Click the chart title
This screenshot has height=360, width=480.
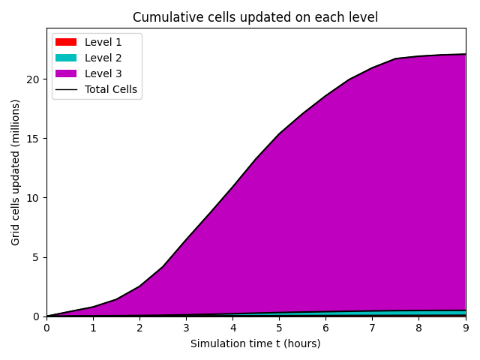pyautogui.click(x=255, y=17)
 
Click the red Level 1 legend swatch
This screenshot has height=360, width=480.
pyautogui.click(x=66, y=42)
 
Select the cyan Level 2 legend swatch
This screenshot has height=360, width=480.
pyautogui.click(x=66, y=58)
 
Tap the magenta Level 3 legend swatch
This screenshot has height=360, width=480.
pyautogui.click(x=66, y=73)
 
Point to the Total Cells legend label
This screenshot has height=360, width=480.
pyautogui.click(x=111, y=89)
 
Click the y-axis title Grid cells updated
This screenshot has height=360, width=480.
pyautogui.click(x=16, y=172)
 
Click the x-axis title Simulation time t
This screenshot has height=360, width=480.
pyautogui.click(x=255, y=343)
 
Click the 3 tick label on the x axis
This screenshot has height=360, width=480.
pyautogui.click(x=186, y=328)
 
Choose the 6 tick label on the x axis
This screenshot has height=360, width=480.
pyautogui.click(x=325, y=328)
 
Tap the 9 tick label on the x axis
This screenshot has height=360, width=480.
pyautogui.click(x=465, y=328)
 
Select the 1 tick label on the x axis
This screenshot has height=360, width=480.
pyautogui.click(x=93, y=328)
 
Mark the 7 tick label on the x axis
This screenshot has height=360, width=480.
pyautogui.click(x=372, y=328)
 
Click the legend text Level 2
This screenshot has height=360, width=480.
pyautogui.click(x=103, y=58)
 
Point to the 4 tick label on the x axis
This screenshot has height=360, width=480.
pyautogui.click(x=232, y=328)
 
